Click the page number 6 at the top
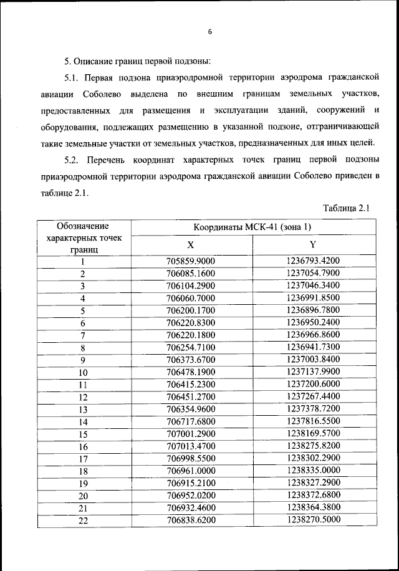tap(210, 32)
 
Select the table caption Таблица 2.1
tap(347, 208)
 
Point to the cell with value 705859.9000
tap(191, 261)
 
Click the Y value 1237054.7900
tap(313, 274)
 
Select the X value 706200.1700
tap(191, 310)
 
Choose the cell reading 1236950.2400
tap(313, 322)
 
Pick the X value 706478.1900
tap(191, 372)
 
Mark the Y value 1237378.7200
tap(313, 409)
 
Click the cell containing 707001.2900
tap(191, 433)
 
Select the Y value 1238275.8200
tap(313, 446)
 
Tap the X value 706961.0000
tap(191, 471)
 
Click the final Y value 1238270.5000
tap(313, 519)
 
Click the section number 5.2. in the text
tap(74, 160)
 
